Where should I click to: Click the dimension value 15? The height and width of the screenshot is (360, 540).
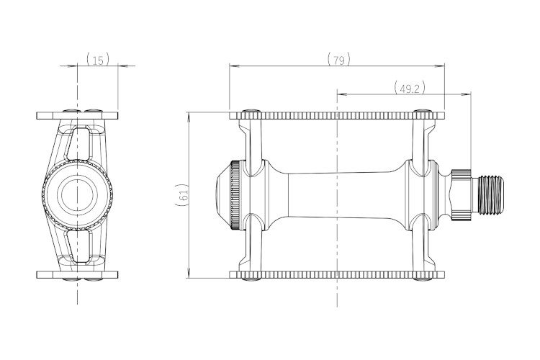point(98,60)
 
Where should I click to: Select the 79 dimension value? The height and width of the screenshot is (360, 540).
point(339,60)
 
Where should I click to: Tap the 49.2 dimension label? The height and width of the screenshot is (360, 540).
point(410,89)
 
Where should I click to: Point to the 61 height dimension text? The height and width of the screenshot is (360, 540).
point(184,194)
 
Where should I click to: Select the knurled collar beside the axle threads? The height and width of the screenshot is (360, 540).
point(462,194)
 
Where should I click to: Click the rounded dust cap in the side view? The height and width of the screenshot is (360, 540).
point(224,194)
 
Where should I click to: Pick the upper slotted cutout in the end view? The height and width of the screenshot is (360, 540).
point(79,143)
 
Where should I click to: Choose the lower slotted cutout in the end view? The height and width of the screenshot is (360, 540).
point(79,246)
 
